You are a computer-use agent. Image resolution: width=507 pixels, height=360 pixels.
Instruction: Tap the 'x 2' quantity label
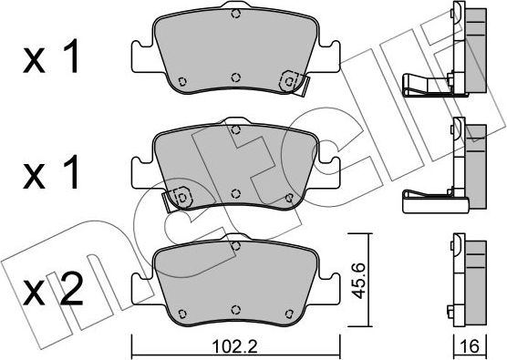(x=53, y=291)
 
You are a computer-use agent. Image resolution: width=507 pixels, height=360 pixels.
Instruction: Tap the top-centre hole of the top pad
(x=235, y=14)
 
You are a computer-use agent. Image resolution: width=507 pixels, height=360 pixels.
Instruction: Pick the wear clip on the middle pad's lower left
(x=179, y=197)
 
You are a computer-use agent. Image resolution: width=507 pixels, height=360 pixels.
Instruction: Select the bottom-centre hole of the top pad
(x=235, y=77)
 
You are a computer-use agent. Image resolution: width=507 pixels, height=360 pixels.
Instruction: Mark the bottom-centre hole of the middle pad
(x=235, y=193)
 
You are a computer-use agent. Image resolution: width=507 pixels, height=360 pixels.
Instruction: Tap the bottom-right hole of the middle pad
(x=291, y=194)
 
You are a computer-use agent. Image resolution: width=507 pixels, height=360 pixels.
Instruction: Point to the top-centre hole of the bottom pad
(x=235, y=245)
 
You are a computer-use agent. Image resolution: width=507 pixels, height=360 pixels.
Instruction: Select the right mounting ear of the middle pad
(x=330, y=170)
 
